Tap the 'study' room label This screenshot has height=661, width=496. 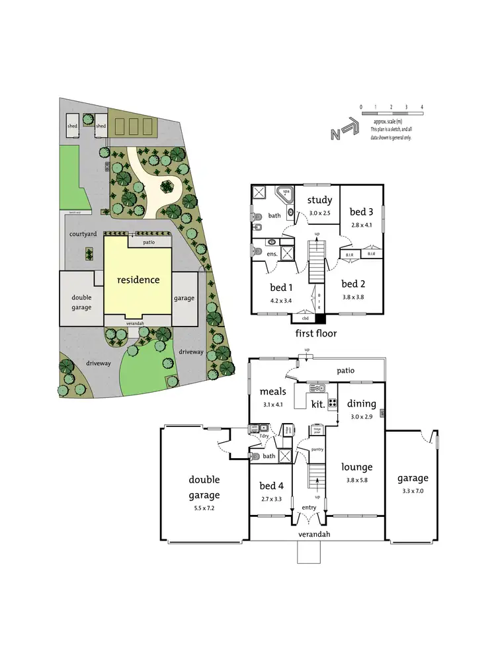click(319, 201)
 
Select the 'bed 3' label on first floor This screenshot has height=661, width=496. click(362, 212)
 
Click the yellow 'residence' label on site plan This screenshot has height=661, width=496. click(138, 280)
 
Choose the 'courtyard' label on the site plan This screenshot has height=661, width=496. click(83, 235)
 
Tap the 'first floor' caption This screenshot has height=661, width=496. click(316, 333)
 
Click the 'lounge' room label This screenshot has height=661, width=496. click(357, 467)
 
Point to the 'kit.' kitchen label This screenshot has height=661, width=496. click(318, 402)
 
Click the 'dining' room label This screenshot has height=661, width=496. click(362, 403)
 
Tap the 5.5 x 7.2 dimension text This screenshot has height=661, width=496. click(204, 509)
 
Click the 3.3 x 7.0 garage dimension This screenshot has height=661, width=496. click(412, 492)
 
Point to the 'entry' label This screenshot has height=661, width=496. click(308, 508)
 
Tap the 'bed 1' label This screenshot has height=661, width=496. click(282, 288)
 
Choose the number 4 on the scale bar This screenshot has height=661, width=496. click(421, 106)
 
